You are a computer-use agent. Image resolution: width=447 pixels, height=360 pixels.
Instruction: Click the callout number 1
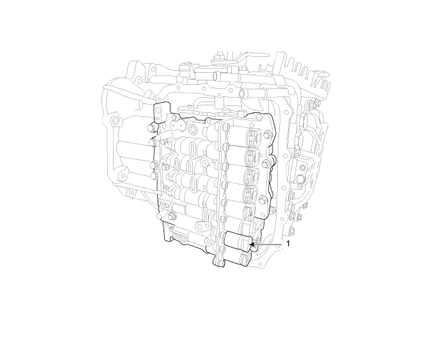pyautogui.click(x=288, y=244)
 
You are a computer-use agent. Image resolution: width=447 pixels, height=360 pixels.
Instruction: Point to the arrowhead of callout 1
pyautogui.click(x=252, y=244)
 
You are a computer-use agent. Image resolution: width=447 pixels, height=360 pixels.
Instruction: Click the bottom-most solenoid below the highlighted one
pyautogui.click(x=237, y=257)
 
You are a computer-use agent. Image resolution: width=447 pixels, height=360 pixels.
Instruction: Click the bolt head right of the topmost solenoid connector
pyautogui.click(x=267, y=133)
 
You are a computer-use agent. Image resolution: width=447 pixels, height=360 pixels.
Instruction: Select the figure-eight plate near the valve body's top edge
pyautogui.click(x=178, y=124)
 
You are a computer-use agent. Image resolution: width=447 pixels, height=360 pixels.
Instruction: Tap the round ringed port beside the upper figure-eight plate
pyautogui.click(x=193, y=129)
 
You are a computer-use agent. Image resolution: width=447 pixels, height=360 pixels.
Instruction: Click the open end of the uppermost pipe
pyautogui.click(x=216, y=76)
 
